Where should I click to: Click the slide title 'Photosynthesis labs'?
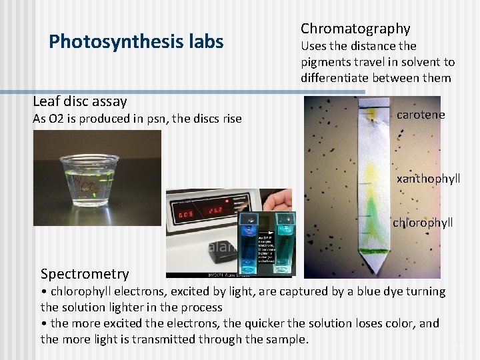click(x=136, y=42)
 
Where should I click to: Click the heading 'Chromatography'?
click(x=355, y=28)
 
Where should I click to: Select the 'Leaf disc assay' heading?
click(x=79, y=101)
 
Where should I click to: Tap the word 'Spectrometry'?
click(x=85, y=273)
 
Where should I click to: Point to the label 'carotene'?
click(x=420, y=115)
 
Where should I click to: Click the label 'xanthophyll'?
click(x=428, y=179)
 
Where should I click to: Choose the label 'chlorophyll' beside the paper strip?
click(x=422, y=222)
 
